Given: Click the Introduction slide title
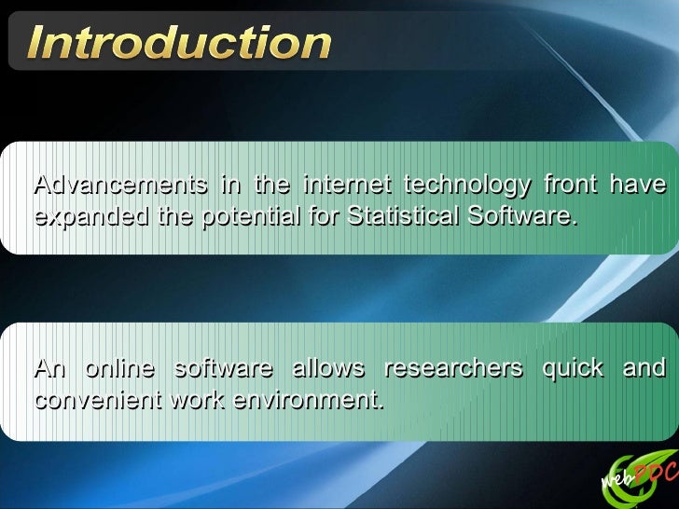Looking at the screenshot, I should (178, 42).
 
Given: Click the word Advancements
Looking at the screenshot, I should (120, 185).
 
